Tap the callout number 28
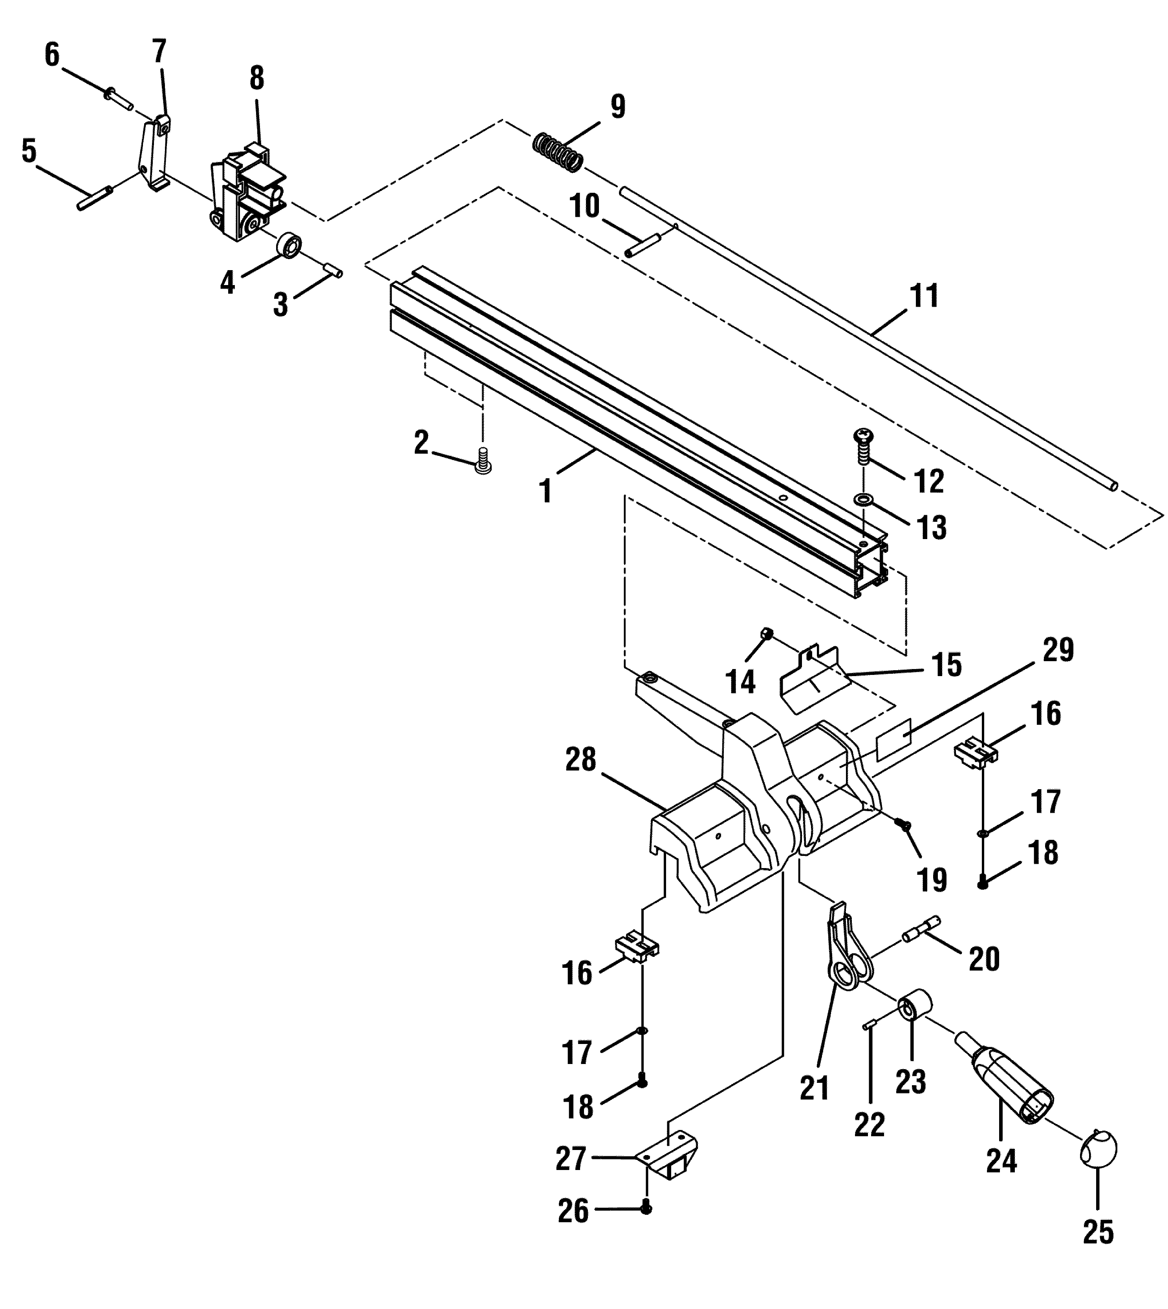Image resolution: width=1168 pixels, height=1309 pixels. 581,761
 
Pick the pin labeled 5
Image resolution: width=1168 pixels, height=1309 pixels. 95,197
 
